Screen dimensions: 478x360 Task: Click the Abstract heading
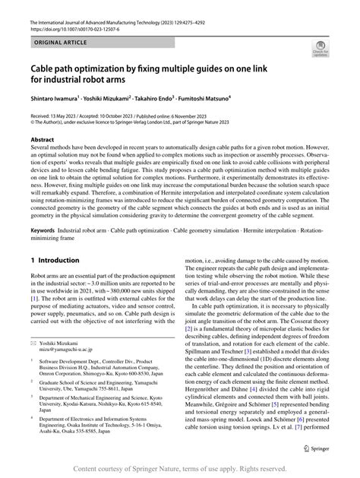pyautogui.click(x=42, y=141)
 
